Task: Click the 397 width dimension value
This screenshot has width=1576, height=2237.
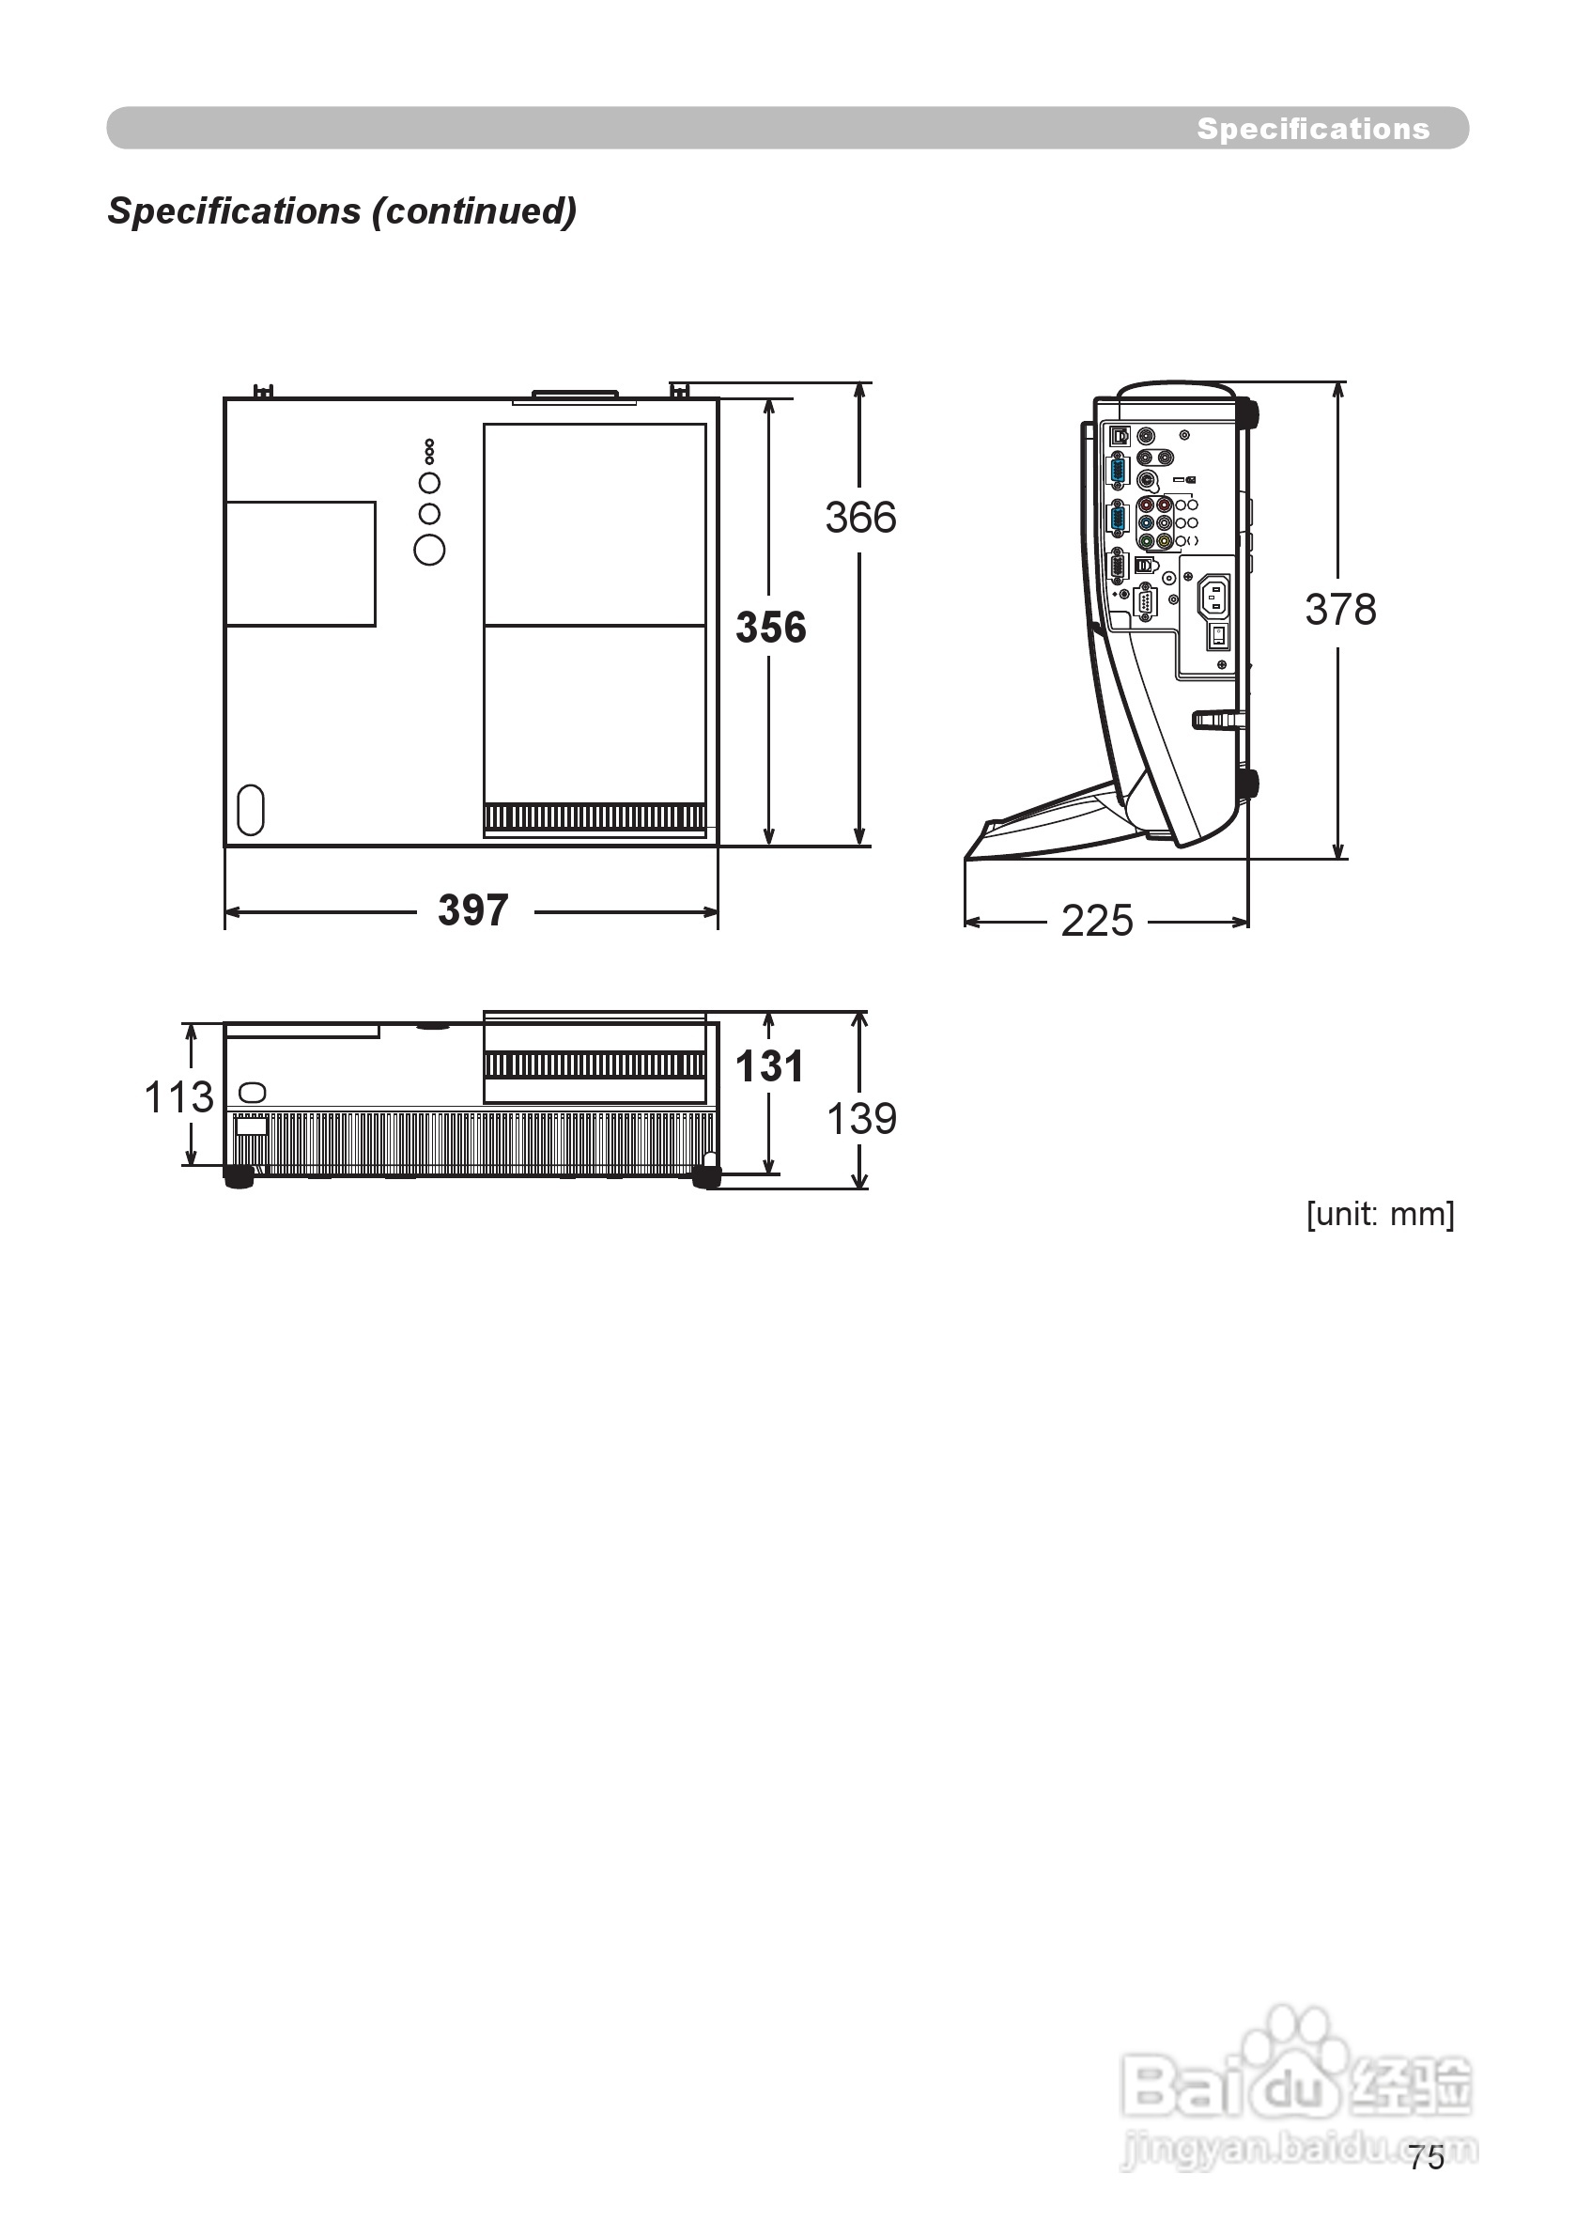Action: [x=473, y=911]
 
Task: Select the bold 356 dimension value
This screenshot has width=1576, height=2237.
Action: [x=770, y=628]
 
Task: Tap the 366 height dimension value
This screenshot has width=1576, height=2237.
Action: [x=860, y=518]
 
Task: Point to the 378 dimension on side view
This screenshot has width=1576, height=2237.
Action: [x=1340, y=610]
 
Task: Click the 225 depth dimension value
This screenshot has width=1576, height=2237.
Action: [x=1097, y=921]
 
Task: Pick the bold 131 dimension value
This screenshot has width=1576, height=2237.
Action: [x=769, y=1066]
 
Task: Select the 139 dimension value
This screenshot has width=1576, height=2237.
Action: [x=861, y=1118]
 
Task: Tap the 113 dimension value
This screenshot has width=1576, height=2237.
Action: [x=178, y=1097]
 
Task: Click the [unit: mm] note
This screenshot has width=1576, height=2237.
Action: [x=1381, y=1214]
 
